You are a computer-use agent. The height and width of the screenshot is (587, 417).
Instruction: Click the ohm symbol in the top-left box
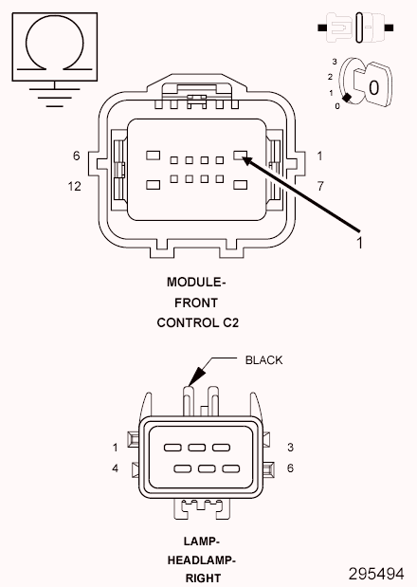click(54, 45)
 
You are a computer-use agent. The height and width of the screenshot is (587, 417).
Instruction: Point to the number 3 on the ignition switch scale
click(335, 61)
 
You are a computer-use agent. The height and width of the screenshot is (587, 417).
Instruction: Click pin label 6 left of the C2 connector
click(76, 156)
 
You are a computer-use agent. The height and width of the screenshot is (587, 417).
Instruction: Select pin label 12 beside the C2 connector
click(74, 187)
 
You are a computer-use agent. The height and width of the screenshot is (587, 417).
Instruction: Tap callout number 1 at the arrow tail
click(359, 243)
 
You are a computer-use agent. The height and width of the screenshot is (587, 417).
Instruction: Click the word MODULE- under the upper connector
click(196, 283)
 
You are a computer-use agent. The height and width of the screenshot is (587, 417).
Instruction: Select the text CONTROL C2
click(197, 322)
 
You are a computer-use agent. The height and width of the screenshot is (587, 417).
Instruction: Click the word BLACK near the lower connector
click(263, 359)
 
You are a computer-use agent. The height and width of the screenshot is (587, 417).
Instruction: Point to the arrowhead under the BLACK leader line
click(196, 376)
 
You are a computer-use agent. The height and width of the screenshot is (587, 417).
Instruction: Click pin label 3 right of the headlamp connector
click(290, 447)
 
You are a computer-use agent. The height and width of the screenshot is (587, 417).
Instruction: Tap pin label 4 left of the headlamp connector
click(115, 468)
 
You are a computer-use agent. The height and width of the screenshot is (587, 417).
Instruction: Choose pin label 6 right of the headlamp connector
click(290, 468)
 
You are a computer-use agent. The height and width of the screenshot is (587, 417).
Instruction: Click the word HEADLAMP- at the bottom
click(202, 559)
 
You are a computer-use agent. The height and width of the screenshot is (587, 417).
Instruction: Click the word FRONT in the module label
click(196, 303)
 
